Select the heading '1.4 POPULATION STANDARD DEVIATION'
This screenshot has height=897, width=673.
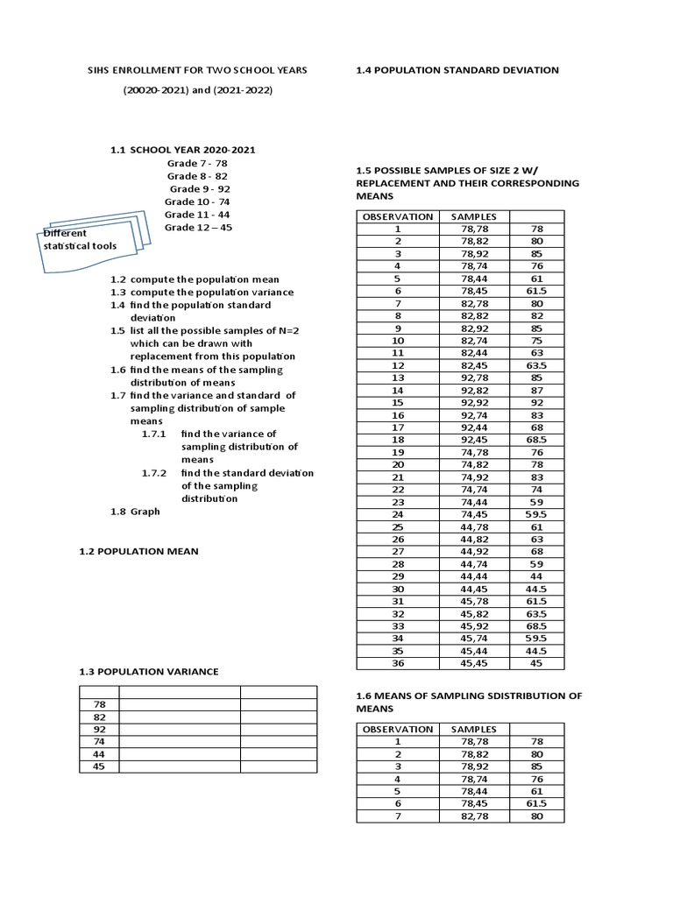tap(457, 70)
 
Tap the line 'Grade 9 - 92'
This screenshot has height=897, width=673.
tap(200, 188)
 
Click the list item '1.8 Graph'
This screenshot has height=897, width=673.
tap(135, 511)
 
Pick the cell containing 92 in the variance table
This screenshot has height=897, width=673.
tap(99, 729)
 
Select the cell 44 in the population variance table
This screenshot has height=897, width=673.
tap(99, 753)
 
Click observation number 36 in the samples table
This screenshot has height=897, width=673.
tap(398, 663)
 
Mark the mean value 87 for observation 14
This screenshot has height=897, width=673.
tap(537, 389)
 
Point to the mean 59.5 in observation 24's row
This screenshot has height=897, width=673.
tap(537, 515)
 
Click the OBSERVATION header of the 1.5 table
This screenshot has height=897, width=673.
tap(398, 216)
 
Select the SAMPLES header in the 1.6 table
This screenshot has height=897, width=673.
tap(473, 729)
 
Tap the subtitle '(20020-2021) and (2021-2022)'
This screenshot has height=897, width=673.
tap(197, 91)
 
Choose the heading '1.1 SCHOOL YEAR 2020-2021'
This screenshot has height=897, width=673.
tap(182, 150)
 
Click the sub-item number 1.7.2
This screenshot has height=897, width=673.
tap(154, 473)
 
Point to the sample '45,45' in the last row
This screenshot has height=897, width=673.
tap(473, 663)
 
